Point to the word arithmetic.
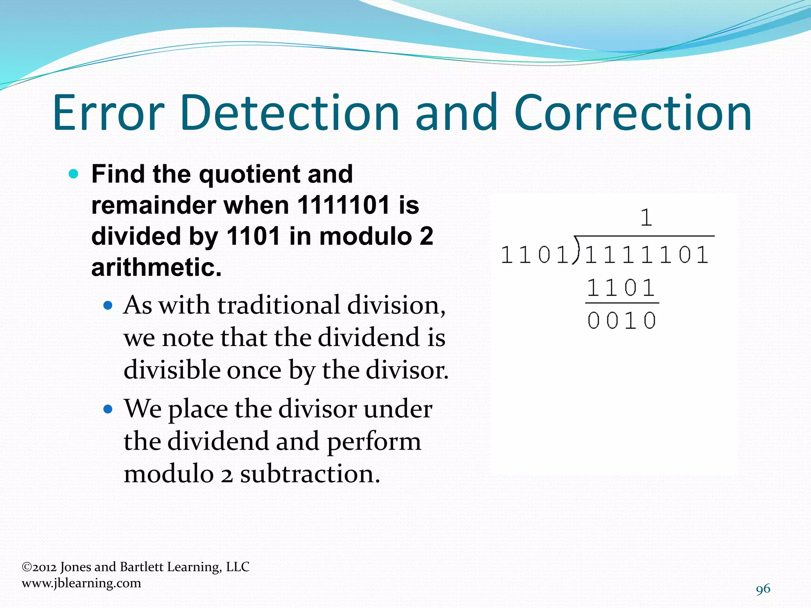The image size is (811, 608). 156,267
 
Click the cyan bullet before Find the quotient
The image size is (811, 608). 74,174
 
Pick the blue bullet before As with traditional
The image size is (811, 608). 108,306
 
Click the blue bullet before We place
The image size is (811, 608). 108,409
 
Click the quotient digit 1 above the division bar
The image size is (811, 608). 646,217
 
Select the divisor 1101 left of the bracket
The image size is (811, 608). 535,254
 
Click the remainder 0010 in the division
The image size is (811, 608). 621,320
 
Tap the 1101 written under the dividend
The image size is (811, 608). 621,288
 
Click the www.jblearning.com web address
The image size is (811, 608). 81,583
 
